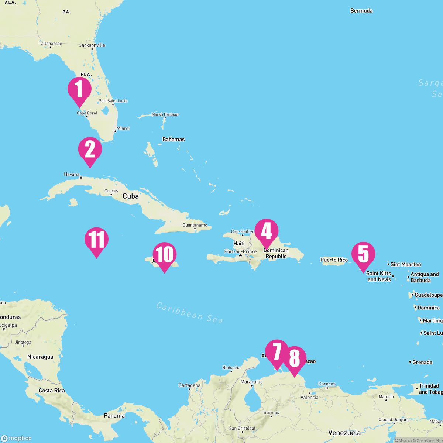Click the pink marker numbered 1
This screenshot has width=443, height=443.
(79, 90)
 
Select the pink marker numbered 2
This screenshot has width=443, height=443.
(90, 150)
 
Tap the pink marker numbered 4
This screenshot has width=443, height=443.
(266, 231)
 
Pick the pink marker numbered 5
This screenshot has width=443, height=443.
(363, 254)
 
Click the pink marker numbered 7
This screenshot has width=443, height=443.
(277, 352)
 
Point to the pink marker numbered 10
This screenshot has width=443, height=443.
(164, 255)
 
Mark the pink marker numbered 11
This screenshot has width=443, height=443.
(96, 240)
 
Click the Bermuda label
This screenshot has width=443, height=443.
(361, 11)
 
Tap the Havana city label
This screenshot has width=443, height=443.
(72, 174)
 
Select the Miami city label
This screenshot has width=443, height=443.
(123, 128)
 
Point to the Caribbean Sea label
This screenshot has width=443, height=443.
(189, 313)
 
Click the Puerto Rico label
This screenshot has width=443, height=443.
(334, 260)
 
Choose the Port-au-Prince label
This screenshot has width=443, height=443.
(240, 251)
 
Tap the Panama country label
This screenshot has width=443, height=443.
(114, 416)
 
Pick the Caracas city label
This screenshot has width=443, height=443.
(327, 384)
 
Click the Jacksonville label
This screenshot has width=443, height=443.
(92, 45)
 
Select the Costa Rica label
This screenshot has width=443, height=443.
(51, 391)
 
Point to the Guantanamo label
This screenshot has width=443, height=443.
(195, 225)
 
